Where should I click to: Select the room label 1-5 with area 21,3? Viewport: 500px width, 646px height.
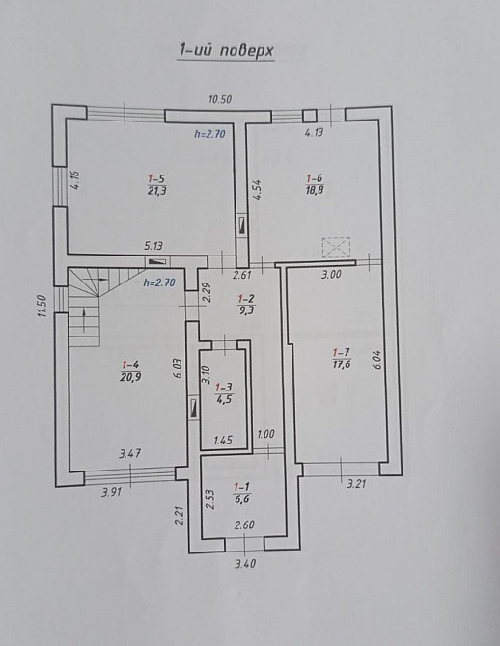click(155, 183)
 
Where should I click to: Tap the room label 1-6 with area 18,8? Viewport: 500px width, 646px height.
click(314, 183)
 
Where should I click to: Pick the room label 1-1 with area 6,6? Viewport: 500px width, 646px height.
click(242, 496)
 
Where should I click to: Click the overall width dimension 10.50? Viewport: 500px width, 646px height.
click(223, 97)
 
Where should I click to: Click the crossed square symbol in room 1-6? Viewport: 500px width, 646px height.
click(337, 248)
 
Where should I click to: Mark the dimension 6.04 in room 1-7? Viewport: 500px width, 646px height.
click(378, 360)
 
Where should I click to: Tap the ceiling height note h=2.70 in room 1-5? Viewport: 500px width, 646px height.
click(209, 135)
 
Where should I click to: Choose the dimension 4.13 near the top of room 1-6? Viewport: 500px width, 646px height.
click(313, 134)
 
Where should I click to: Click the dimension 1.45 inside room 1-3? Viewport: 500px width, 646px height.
click(223, 440)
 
